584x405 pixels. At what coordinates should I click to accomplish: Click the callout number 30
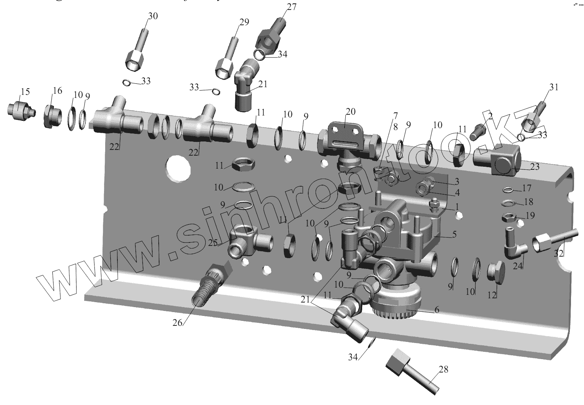click(153, 16)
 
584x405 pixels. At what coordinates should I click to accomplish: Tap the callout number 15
click(25, 92)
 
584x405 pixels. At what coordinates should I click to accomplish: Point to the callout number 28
click(443, 369)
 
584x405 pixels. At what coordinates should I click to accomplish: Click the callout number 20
click(350, 112)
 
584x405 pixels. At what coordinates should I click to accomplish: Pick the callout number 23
click(534, 167)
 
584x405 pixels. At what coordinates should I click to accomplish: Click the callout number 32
click(559, 253)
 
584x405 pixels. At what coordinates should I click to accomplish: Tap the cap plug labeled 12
click(496, 272)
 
